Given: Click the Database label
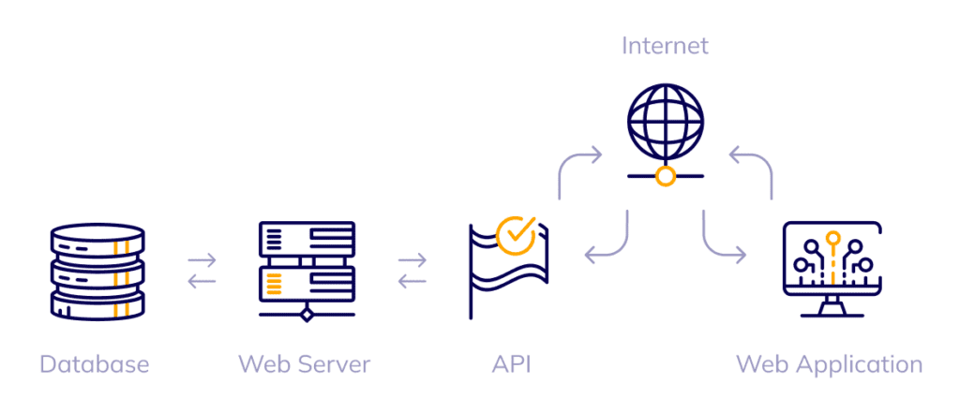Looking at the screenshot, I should [94, 363].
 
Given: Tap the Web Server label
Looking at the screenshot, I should [305, 363].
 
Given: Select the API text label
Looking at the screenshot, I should [511, 363].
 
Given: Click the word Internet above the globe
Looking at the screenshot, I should [666, 45].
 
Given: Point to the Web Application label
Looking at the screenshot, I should [829, 363].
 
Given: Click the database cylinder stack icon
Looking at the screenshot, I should [97, 273].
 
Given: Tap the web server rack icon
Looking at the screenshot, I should [306, 267].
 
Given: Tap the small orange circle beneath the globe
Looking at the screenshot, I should [666, 176].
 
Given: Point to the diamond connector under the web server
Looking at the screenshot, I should [306, 316].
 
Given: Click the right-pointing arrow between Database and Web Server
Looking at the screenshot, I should [202, 259].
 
